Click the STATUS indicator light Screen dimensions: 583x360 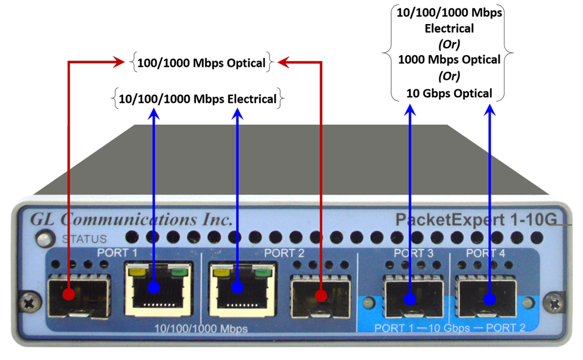(x=45, y=239)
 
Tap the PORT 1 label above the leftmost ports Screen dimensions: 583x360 (x=117, y=253)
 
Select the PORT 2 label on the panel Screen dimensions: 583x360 (x=284, y=253)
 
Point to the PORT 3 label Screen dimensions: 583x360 (x=413, y=253)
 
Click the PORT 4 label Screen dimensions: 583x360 (x=486, y=253)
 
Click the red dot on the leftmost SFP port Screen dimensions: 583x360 (x=68, y=294)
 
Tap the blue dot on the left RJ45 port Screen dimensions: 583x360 (x=154, y=287)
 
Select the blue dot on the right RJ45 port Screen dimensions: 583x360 (x=237, y=287)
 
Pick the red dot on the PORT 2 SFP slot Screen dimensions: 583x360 (x=321, y=295)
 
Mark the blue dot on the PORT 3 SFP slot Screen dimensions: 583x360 (x=410, y=299)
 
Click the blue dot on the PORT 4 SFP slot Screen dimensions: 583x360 (x=489, y=299)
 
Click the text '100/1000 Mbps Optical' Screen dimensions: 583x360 (x=201, y=63)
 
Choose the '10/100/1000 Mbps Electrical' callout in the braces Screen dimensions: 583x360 (x=197, y=99)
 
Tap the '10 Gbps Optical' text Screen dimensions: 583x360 (x=449, y=93)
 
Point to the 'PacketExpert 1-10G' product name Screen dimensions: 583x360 (x=476, y=220)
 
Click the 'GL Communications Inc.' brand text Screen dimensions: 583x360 (x=131, y=220)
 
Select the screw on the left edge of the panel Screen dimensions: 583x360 (x=31, y=303)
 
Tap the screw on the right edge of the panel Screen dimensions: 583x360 (x=554, y=304)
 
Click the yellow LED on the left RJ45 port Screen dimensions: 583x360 (x=137, y=271)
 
